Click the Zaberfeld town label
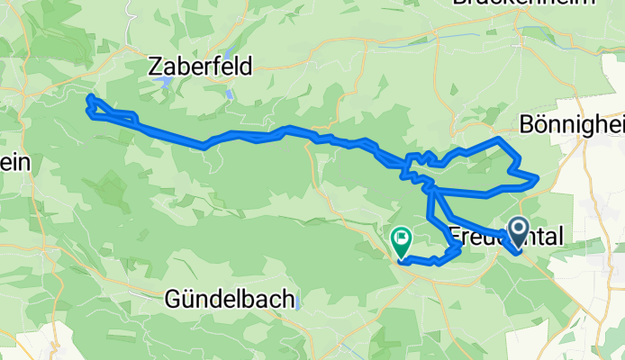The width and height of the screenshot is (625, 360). point(201,66)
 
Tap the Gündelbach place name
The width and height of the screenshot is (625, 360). point(227,301)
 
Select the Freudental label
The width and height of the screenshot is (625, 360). point(504,236)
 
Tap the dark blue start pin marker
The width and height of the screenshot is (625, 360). point(520,233)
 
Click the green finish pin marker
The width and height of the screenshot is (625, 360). point(400,241)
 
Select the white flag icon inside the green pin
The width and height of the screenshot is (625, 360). point(400,238)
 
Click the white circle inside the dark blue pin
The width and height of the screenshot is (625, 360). point(520,229)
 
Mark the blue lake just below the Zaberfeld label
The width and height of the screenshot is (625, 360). point(166,83)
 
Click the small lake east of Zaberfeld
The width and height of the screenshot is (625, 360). point(231,93)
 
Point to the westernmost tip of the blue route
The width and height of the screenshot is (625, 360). point(88,97)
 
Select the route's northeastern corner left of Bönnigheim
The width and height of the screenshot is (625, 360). point(499,140)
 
